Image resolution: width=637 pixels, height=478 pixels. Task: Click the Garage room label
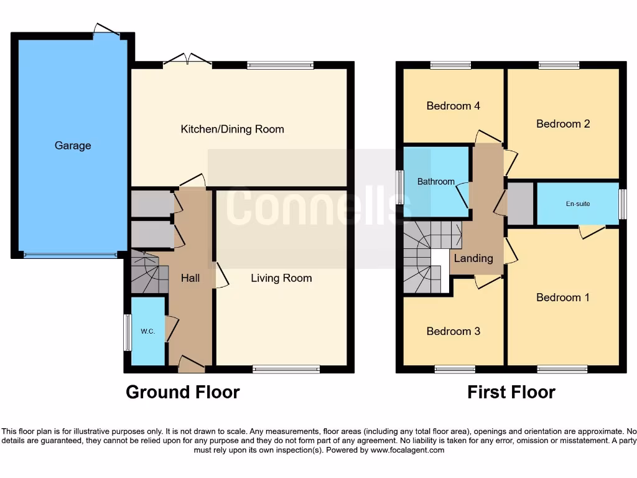point(73,146)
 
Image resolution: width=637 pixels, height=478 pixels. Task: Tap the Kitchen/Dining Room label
point(232,129)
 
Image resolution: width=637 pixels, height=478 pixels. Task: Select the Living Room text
point(281,278)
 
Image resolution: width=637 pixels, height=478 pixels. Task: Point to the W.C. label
point(147,331)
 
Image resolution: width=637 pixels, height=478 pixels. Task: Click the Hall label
point(190,278)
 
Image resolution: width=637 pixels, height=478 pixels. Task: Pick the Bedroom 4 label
point(453,106)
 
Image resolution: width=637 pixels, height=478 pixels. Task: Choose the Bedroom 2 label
point(563,124)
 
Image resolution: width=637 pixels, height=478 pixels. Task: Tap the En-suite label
point(578,204)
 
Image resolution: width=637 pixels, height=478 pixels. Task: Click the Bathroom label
point(435,182)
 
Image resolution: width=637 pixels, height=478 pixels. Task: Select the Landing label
point(473,258)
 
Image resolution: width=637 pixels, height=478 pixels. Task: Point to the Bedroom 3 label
point(453,331)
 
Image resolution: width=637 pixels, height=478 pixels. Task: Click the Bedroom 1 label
point(563,298)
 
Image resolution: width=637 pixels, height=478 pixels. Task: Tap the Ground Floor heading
point(182,392)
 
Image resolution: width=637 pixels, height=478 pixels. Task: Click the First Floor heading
point(511,392)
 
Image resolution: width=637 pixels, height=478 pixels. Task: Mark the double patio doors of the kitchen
point(187,61)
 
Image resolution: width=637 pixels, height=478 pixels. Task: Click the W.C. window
point(126,332)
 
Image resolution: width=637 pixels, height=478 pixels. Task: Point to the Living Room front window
point(286,370)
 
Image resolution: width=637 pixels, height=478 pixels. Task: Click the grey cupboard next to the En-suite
point(521,204)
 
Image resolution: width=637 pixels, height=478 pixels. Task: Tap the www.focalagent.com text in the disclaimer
point(408,450)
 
